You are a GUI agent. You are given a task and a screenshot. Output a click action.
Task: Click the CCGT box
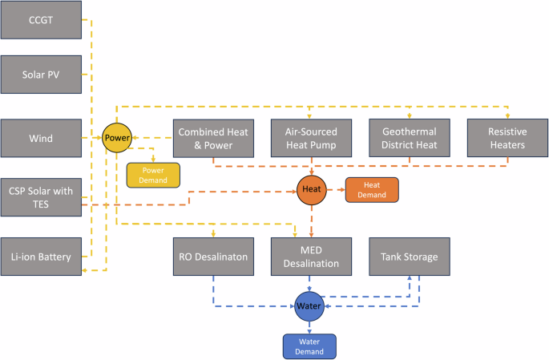click(x=41, y=20)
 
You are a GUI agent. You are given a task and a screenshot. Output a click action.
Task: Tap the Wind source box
click(x=41, y=138)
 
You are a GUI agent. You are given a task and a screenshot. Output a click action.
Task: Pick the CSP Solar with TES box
click(x=41, y=197)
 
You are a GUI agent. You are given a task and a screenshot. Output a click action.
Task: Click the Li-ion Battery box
click(x=41, y=257)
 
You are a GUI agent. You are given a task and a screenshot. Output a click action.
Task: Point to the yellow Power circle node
click(x=117, y=137)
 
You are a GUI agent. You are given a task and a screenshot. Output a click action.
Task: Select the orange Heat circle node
click(x=310, y=189)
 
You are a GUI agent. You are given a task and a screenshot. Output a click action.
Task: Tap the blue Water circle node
click(x=309, y=306)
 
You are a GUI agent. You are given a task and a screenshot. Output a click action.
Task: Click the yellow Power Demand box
click(x=154, y=175)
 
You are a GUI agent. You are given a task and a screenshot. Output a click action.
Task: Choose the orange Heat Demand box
click(x=371, y=189)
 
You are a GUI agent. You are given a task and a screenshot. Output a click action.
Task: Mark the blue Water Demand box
click(x=309, y=345)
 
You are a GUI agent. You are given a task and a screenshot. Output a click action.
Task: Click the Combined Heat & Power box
click(x=212, y=138)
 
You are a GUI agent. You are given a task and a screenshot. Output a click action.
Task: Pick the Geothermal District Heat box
click(x=409, y=138)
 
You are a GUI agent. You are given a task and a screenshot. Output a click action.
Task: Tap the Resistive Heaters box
click(x=507, y=138)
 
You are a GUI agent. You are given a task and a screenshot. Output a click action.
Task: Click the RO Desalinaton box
click(x=212, y=257)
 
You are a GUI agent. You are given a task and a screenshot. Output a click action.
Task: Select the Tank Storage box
click(x=409, y=257)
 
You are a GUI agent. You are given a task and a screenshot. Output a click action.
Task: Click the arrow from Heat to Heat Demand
click(x=335, y=189)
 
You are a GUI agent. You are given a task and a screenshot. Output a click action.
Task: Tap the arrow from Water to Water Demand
click(x=309, y=326)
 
